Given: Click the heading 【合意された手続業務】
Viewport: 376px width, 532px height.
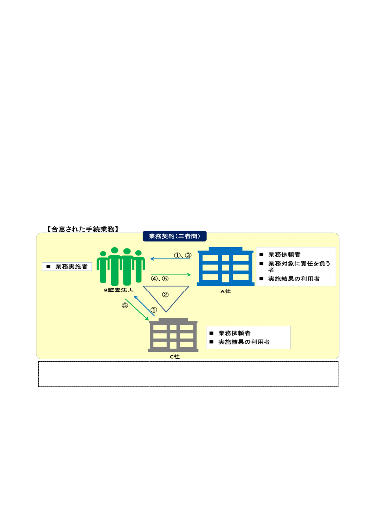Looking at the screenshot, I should [83, 229].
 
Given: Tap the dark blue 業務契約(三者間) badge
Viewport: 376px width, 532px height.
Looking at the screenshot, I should [174, 236].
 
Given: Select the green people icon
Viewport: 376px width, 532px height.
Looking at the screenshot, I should [121, 266].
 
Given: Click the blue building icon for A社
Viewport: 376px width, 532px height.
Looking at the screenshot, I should [225, 267].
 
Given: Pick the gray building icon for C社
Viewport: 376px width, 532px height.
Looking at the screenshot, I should [173, 335].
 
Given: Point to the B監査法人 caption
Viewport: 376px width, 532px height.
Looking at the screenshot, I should [119, 290].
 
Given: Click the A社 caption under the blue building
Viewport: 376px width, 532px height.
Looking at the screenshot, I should [226, 291].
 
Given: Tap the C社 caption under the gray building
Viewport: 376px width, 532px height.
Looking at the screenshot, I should [175, 356].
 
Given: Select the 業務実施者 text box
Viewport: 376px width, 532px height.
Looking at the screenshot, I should [67, 267].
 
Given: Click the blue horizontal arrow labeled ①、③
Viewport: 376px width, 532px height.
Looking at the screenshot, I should [170, 259].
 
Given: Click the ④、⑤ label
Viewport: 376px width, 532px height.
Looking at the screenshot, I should [160, 279].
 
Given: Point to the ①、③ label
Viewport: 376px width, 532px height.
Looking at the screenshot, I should [183, 255].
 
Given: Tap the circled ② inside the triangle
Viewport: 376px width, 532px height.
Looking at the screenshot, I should [165, 295].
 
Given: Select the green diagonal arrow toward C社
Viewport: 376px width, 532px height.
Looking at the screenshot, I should [137, 309].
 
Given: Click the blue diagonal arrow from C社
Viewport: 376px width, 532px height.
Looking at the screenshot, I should [144, 306].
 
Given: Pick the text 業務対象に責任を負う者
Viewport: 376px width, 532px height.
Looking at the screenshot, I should [299, 266].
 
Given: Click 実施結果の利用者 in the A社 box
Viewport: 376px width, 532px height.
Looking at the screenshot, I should [294, 279].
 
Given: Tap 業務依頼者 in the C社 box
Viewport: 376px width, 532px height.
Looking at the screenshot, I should [234, 333].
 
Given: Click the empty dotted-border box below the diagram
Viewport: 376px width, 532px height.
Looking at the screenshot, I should [188, 374].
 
